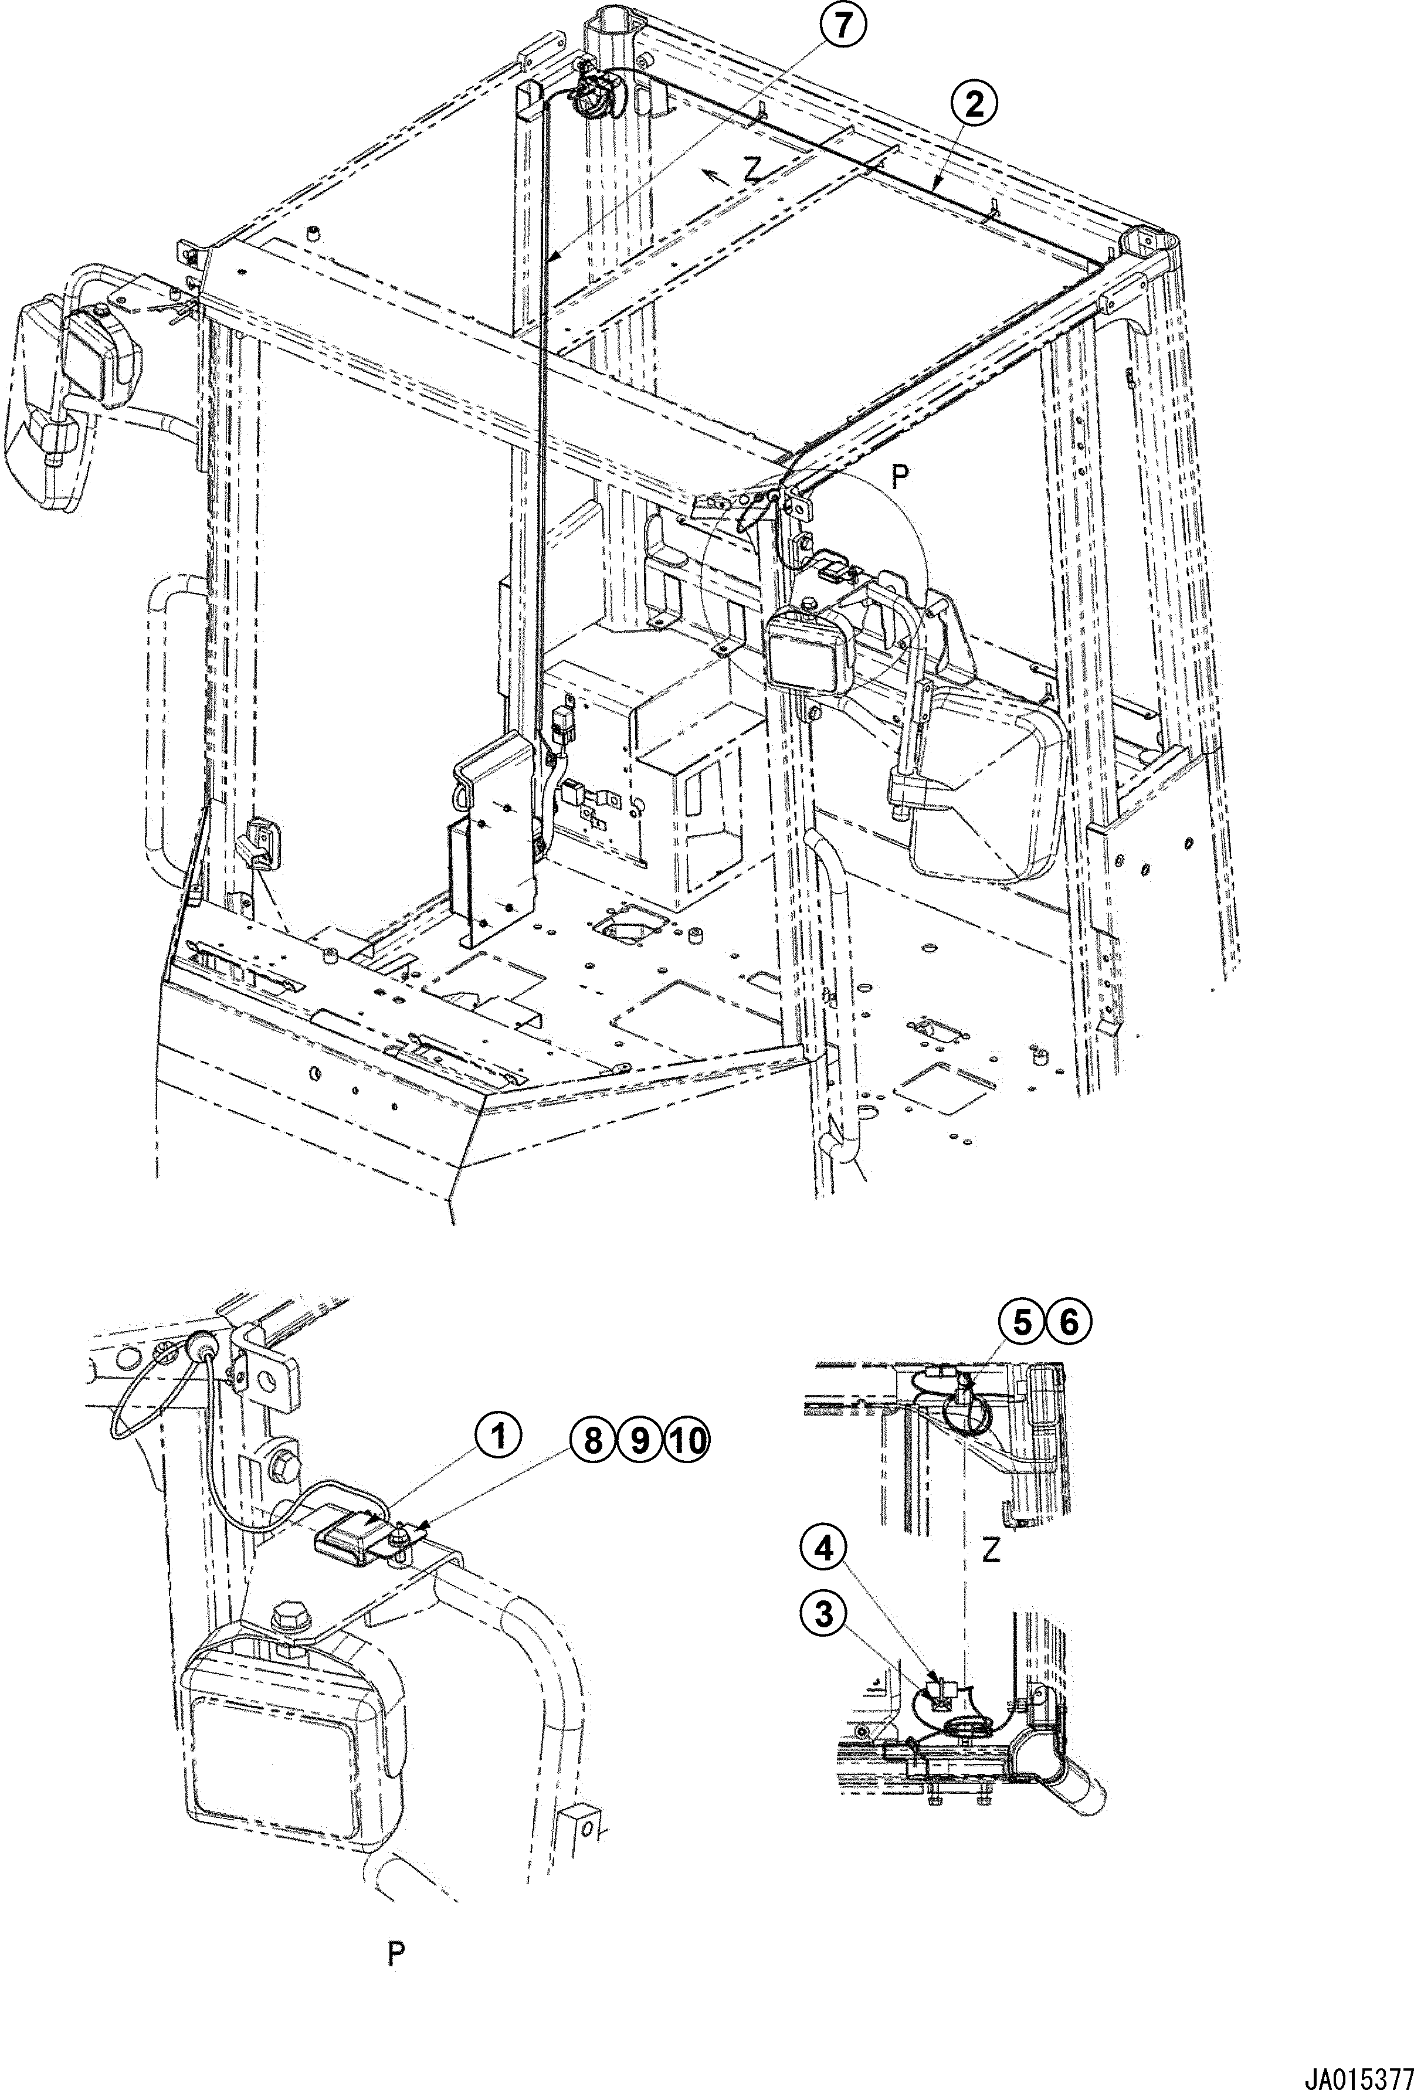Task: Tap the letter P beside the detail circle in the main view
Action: click(x=898, y=479)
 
